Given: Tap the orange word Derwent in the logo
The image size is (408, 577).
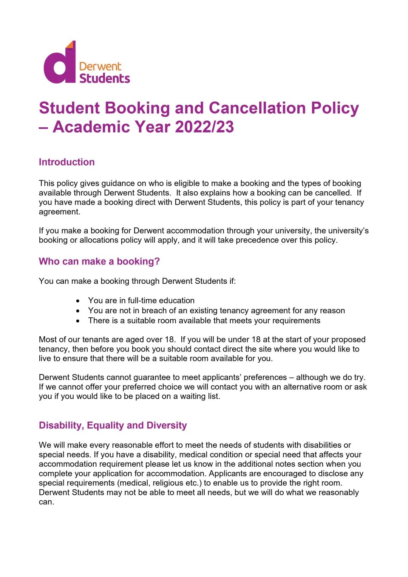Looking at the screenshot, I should (x=100, y=67).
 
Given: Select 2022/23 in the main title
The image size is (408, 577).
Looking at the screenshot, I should (x=204, y=127).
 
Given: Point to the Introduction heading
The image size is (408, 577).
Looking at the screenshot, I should (x=67, y=162).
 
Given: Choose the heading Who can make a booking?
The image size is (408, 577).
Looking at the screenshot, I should (x=99, y=261).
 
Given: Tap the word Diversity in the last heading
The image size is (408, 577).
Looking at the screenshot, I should (x=167, y=425).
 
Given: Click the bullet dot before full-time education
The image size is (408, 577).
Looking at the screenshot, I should (x=78, y=301).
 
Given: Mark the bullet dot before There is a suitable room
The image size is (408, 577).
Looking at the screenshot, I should (x=78, y=321).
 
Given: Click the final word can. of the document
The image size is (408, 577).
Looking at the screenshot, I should (x=46, y=502).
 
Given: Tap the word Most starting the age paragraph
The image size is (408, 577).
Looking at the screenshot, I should (x=48, y=340).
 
